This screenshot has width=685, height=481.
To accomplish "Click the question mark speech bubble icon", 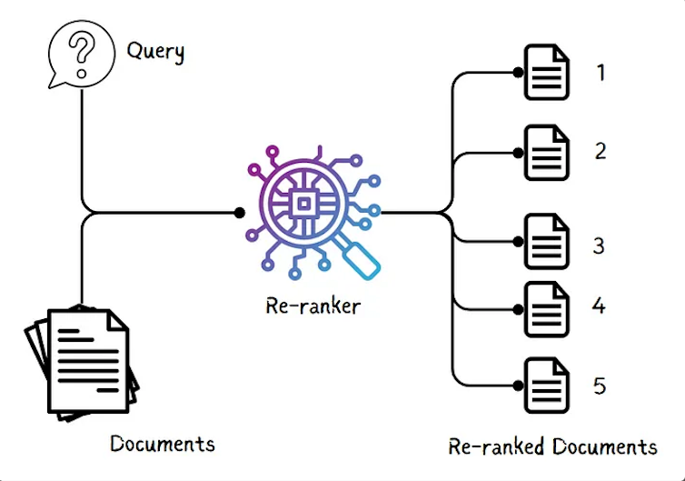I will click(80, 54).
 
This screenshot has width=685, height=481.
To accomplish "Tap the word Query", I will click(155, 50).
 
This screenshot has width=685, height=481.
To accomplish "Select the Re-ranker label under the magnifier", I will click(313, 306).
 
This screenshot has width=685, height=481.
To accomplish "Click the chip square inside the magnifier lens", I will click(306, 203).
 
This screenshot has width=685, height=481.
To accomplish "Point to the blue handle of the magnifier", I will click(362, 257).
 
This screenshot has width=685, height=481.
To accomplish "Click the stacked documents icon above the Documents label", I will click(83, 363).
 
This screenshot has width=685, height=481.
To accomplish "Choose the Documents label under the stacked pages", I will click(163, 444).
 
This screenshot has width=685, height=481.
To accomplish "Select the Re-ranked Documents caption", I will click(552, 446).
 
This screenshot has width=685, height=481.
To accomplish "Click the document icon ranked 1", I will click(547, 72).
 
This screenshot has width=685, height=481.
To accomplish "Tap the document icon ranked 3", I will click(547, 241).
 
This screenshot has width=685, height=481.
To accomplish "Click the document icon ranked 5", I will click(547, 386).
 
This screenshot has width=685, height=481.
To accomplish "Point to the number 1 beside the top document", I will click(601, 71).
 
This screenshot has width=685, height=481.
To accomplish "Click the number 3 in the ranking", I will click(599, 246).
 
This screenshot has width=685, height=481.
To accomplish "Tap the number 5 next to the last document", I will click(600, 386).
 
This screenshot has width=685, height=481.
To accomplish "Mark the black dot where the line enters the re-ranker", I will click(240, 213).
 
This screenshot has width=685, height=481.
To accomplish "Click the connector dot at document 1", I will click(518, 72).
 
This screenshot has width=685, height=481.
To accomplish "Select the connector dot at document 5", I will click(518, 386).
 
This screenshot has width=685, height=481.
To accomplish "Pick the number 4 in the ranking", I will click(599, 305).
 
